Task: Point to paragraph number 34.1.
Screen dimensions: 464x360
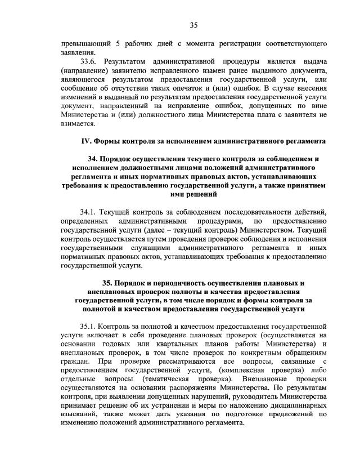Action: pos(90,212)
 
